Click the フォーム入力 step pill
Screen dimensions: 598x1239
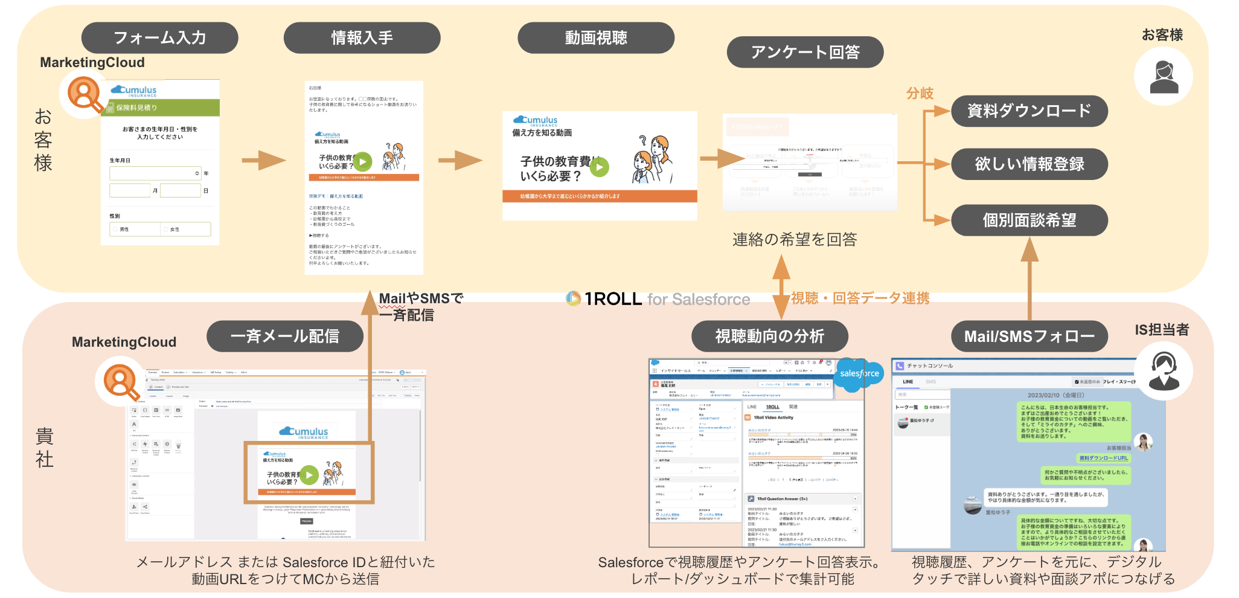point(159,38)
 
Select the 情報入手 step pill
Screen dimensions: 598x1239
point(362,38)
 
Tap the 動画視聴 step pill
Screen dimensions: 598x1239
point(595,38)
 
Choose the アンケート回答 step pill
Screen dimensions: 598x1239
point(805,53)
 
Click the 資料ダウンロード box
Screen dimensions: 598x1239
point(1029,111)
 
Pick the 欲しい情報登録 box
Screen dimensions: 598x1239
point(1029,164)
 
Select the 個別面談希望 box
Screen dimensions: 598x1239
point(1029,220)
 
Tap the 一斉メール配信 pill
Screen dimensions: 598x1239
point(284,336)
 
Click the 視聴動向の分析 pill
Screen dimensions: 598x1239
point(769,336)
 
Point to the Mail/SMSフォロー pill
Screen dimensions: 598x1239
point(1029,336)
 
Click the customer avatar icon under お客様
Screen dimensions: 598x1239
point(1163,77)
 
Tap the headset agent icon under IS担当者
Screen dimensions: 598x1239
point(1163,371)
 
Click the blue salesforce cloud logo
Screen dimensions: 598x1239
point(859,374)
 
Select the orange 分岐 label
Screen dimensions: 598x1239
point(920,94)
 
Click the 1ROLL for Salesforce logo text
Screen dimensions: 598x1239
point(658,299)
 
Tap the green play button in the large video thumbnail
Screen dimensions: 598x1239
point(599,166)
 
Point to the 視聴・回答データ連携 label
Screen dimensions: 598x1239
point(860,298)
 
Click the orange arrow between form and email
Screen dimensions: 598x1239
point(263,161)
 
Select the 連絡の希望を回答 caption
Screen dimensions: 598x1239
point(795,240)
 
